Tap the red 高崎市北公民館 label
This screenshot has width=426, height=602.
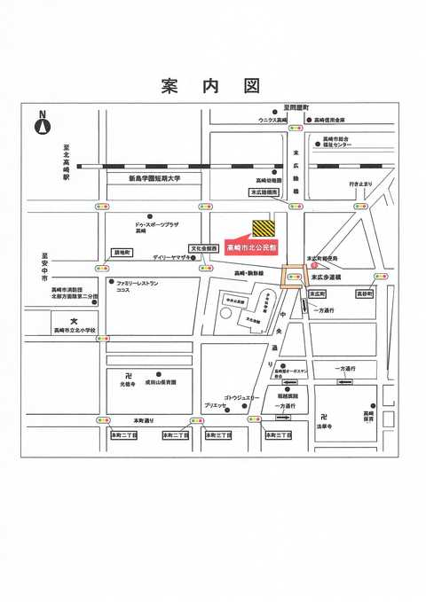click(252, 246)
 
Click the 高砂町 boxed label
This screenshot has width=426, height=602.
click(364, 293)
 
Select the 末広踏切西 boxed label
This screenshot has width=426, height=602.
click(264, 192)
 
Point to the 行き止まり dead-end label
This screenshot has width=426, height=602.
click(359, 184)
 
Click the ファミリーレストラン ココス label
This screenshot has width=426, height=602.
click(136, 286)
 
